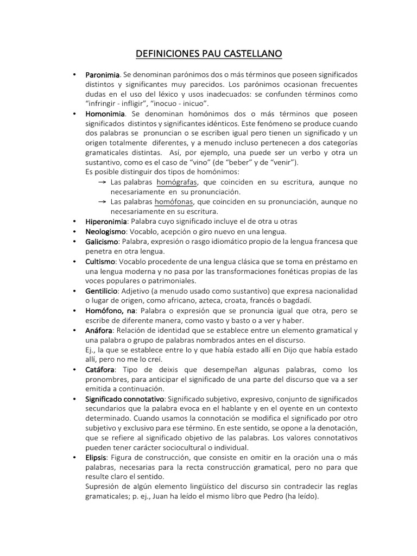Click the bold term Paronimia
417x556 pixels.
(x=103, y=74)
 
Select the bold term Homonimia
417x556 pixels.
(x=105, y=114)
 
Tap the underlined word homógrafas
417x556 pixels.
(x=176, y=182)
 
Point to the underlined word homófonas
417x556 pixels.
(x=176, y=202)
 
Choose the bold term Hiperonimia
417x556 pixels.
(x=106, y=222)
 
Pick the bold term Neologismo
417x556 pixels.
(x=105, y=231)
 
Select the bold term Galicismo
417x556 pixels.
(x=103, y=242)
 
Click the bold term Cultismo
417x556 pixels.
(x=100, y=261)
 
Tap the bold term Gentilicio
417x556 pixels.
(x=102, y=291)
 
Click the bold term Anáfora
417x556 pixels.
(x=99, y=331)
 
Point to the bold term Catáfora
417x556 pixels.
(x=100, y=370)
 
